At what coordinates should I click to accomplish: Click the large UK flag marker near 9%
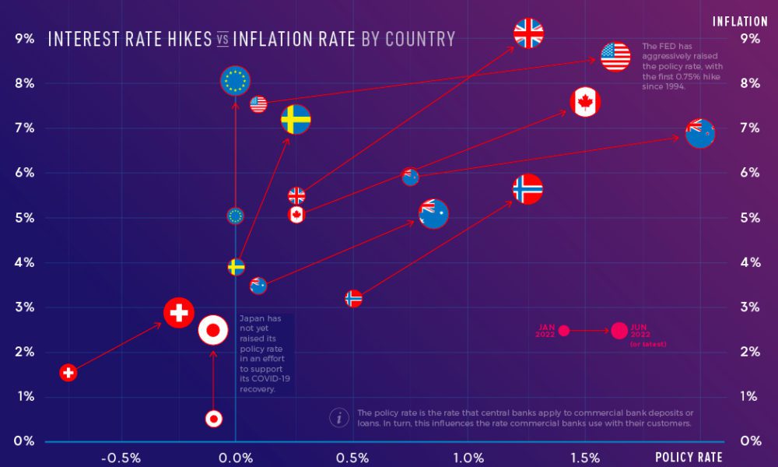point(529,33)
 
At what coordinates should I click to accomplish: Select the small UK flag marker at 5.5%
point(296,195)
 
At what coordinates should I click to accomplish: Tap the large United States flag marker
point(615,57)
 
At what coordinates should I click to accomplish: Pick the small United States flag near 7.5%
point(258,104)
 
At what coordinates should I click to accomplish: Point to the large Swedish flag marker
point(296,120)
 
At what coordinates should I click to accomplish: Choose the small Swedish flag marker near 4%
point(236,267)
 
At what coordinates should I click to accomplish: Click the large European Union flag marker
point(235,80)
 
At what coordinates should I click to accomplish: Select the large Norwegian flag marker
point(527,189)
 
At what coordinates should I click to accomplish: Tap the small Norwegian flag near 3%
point(353,298)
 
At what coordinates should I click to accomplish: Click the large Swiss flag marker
point(179,313)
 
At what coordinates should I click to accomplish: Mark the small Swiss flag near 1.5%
point(68,373)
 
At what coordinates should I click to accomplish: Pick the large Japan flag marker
point(212,331)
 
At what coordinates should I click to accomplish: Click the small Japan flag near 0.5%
point(213,419)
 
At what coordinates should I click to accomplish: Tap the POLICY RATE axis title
point(689,457)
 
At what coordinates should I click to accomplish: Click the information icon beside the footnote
point(338,418)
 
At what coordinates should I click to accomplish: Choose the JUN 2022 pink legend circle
point(619,331)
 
